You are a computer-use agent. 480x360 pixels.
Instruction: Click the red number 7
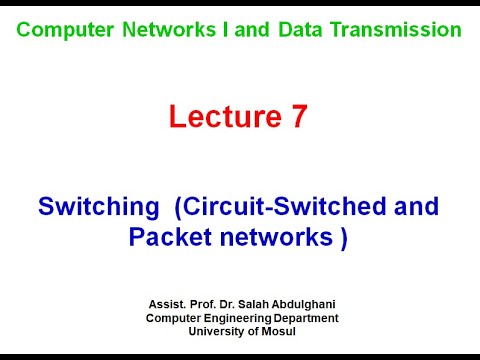(x=298, y=117)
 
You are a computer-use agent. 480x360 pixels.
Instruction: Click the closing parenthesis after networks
(x=343, y=237)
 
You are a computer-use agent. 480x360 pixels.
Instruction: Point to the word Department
(x=306, y=318)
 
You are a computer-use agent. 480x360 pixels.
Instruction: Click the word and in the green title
(x=254, y=30)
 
